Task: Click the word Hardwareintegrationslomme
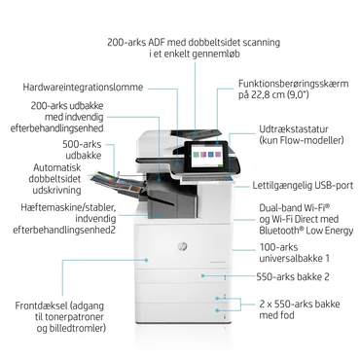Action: (84, 88)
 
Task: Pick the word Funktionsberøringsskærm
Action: (290, 85)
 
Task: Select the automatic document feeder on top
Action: (201, 122)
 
